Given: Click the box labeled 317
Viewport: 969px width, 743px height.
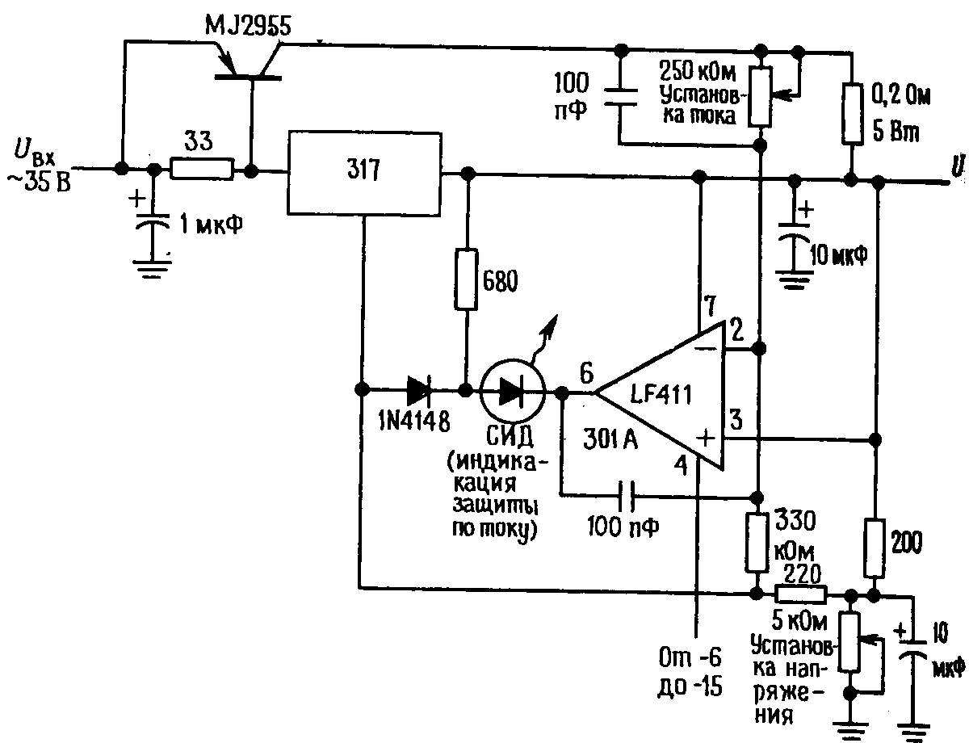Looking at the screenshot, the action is pos(364,174).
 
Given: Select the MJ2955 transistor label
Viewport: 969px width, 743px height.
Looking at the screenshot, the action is pos(247,25).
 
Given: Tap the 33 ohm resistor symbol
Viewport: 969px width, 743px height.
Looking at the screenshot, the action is pos(202,169).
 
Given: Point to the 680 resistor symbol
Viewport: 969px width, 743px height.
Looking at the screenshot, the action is pos(466,279).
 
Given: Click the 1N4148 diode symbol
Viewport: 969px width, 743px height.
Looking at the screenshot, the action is pos(419,391).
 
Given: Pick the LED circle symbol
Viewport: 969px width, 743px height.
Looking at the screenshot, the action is pos(513,392).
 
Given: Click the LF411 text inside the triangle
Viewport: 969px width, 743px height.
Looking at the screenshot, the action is pos(661,395).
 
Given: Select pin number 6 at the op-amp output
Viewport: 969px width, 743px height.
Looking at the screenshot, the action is pos(586,373).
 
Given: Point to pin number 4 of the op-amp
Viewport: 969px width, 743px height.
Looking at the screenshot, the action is pos(681,465).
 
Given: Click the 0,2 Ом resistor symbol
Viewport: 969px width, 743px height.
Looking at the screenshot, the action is pos(851,114).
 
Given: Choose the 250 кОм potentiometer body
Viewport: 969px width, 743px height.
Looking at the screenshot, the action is pos(761,97).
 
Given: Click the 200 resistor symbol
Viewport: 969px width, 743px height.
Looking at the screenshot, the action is pos(875,548).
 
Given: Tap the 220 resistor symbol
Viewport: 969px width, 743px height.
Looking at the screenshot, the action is pos(801,594).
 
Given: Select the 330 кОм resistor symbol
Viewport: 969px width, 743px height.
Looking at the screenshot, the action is pos(757,542).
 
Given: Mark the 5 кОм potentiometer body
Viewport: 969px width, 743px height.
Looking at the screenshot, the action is pos(850,642).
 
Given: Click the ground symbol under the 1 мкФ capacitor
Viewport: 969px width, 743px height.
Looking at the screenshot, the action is pos(152,269).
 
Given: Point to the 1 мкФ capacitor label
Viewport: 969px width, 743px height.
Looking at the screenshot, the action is pos(212,224).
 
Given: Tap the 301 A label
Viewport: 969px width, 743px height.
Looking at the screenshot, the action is pos(610,439).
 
